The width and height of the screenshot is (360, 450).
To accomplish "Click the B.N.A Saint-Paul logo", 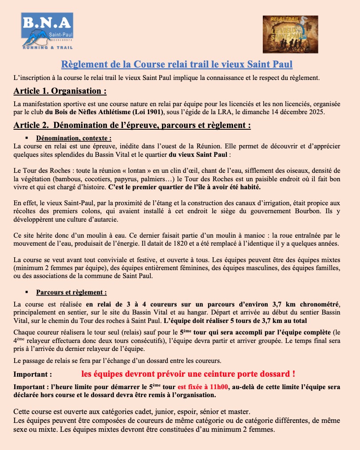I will [x=47, y=31].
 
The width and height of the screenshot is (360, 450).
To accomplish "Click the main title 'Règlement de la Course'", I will [x=176, y=64].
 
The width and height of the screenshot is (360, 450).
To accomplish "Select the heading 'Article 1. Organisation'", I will [x=60, y=92].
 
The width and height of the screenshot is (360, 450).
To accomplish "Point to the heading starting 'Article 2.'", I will [x=132, y=125].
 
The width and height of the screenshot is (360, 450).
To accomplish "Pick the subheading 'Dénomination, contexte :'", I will [x=74, y=138].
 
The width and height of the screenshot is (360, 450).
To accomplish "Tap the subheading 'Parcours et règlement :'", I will [x=71, y=293].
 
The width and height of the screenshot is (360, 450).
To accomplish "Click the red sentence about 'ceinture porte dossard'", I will [x=189, y=374].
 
